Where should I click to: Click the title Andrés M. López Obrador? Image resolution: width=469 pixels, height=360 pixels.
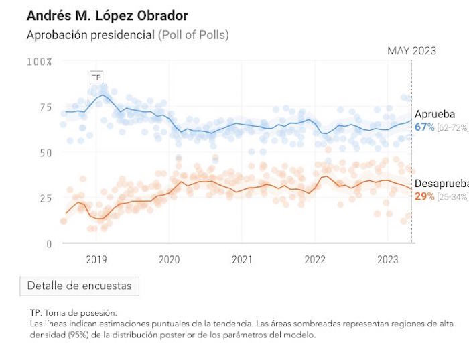[107, 15]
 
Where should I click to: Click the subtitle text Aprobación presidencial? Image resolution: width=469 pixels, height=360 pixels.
[90, 35]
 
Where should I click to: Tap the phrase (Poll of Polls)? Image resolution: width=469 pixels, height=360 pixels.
[194, 35]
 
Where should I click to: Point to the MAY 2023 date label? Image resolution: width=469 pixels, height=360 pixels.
[411, 51]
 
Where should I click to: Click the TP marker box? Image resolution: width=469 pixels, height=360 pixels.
[96, 78]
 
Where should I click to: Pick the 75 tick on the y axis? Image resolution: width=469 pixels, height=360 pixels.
[44, 107]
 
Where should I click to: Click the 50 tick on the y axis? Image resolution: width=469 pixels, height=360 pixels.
[44, 153]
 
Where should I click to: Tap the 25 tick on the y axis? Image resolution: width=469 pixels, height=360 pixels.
[44, 198]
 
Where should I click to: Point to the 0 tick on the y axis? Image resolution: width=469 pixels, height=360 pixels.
[48, 244]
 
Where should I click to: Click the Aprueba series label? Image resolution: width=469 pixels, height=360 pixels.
[434, 114]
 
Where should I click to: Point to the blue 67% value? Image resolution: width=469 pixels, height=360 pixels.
[425, 127]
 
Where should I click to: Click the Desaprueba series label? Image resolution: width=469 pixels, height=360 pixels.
[441, 184]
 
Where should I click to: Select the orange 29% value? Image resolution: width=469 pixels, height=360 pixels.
[425, 196]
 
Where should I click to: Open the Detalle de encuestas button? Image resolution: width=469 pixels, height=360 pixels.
[80, 286]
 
